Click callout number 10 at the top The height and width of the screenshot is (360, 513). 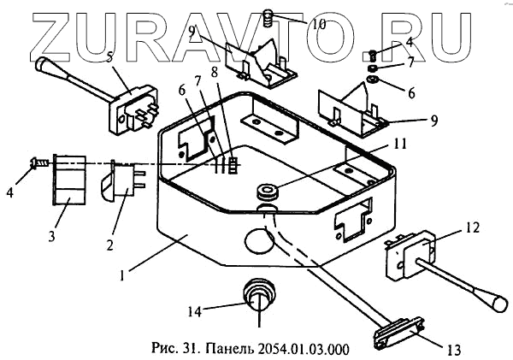pos(318,23)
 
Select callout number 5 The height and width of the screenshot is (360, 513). pos(109,58)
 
